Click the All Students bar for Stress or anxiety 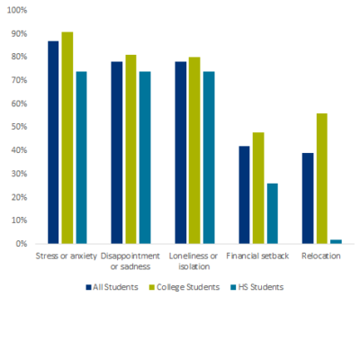53,142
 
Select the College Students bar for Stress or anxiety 67,138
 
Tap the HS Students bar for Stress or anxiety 81,157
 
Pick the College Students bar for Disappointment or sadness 130,149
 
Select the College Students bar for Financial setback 258,188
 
